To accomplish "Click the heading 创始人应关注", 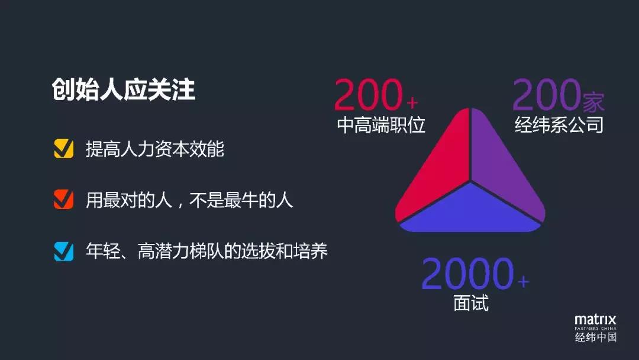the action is (x=124, y=89).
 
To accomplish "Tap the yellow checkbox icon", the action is (x=64, y=149).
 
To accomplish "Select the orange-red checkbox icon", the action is (x=64, y=200).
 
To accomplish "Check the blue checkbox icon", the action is (x=64, y=251).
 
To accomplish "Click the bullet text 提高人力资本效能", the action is (x=155, y=149).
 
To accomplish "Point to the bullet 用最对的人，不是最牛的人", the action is (x=189, y=200).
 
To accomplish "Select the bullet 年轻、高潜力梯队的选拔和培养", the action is (x=206, y=250).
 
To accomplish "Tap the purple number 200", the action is (x=547, y=95).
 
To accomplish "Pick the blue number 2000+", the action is (x=475, y=274).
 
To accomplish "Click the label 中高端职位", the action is (x=381, y=125).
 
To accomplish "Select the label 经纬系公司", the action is (x=559, y=125).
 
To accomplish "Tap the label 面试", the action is (x=471, y=303).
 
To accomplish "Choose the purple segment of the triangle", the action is (x=504, y=171).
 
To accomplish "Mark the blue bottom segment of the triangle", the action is (x=470, y=212).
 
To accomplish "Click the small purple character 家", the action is (x=593, y=102).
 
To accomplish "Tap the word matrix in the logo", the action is (x=595, y=320).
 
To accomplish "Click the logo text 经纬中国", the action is (x=595, y=337).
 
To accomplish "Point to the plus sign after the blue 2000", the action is (x=523, y=281).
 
